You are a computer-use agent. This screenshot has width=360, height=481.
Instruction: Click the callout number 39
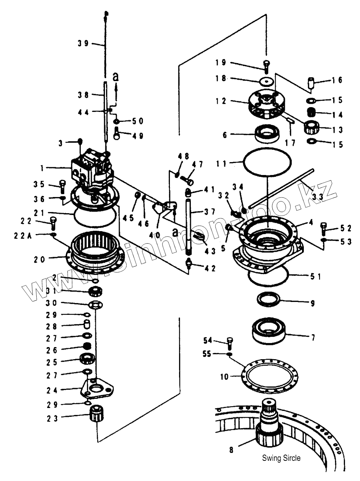(83, 43)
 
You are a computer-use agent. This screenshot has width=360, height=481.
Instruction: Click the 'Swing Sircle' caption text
(281, 458)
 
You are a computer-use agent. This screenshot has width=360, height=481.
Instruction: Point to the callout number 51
(316, 276)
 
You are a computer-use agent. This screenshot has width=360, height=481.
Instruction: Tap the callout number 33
(317, 197)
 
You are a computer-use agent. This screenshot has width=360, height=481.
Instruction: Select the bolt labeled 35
(63, 186)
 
